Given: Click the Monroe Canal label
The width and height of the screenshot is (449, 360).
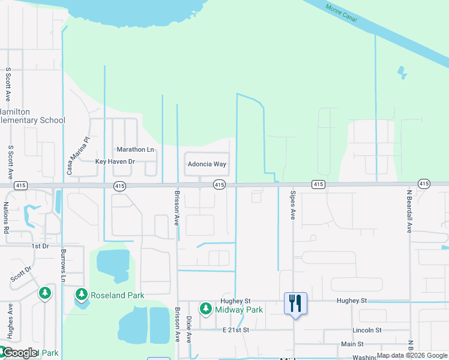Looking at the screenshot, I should click(x=341, y=14).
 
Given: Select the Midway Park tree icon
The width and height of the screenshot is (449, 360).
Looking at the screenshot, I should click(x=206, y=309).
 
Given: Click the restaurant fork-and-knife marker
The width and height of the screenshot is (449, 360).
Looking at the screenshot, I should click(x=295, y=303).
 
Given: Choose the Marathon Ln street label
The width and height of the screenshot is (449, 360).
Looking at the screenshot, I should click(x=135, y=149).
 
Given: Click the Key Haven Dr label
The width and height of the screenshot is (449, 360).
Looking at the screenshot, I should click(x=115, y=162).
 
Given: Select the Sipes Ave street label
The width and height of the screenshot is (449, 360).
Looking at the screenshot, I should click(x=293, y=206).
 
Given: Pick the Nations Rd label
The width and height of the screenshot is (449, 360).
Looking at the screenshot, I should click(x=6, y=217).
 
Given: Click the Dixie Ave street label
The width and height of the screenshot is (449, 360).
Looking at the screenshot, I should click(x=188, y=330).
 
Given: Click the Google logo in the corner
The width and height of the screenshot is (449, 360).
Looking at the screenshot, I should click(x=20, y=353).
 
